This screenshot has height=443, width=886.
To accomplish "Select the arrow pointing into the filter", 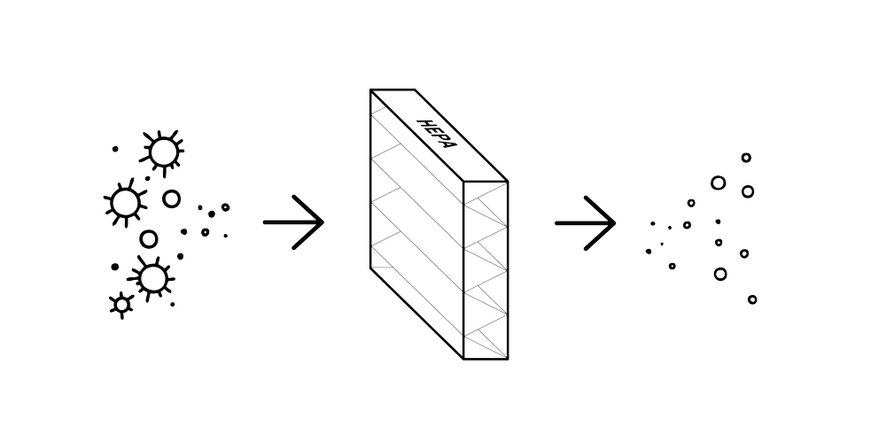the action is click(x=294, y=221).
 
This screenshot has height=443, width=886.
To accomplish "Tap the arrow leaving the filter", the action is click(x=585, y=221).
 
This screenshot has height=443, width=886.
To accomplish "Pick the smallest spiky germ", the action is click(x=120, y=303).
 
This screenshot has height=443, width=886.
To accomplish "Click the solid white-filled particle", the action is click(x=749, y=190).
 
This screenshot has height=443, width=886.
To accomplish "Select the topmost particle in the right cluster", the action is click(x=746, y=158).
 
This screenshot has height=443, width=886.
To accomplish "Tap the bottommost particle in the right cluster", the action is click(x=752, y=299).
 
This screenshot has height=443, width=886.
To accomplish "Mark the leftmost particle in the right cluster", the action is click(x=649, y=252).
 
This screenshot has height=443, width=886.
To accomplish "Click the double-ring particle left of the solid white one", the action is click(x=717, y=184).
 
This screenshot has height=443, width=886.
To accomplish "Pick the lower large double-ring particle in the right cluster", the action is click(x=719, y=275).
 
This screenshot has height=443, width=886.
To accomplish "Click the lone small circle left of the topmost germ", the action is click(x=114, y=149).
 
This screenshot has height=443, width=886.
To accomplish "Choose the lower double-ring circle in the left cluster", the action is click(x=148, y=238).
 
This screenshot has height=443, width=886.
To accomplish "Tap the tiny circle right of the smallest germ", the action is click(x=172, y=304).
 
